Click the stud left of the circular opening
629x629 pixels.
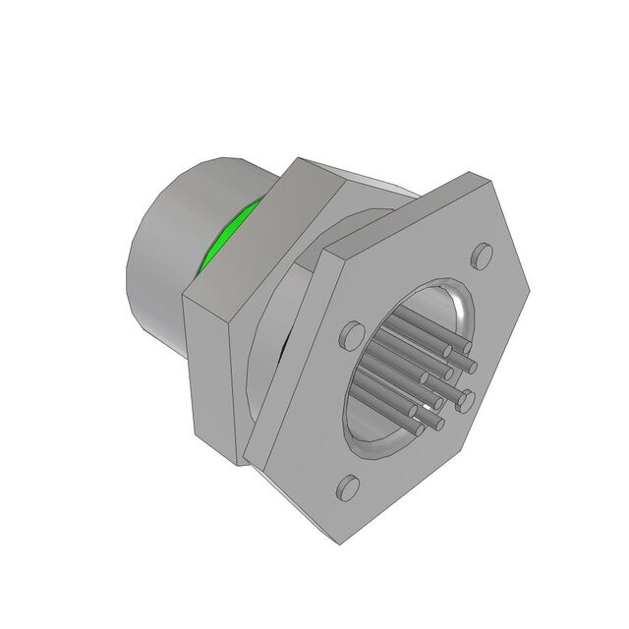coord(348,337)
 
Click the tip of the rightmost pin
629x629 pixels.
coord(469,367)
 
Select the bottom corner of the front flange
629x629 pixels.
coord(339,542)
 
